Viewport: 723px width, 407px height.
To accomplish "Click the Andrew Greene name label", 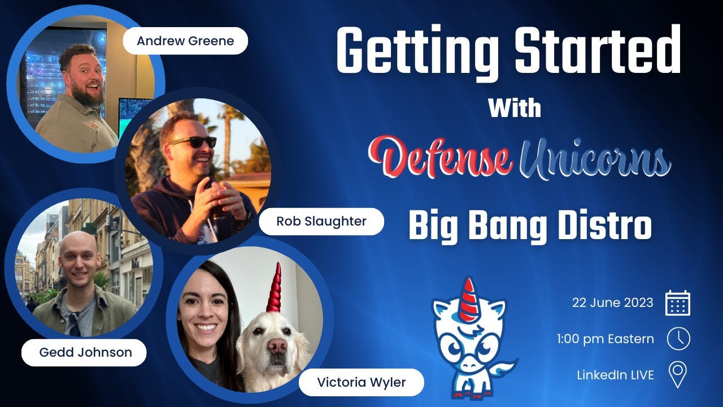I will point(185,41).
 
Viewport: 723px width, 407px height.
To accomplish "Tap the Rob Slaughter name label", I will point(321,221).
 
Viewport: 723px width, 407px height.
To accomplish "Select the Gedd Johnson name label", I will point(85,352).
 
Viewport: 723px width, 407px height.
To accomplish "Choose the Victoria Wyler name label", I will point(361,382).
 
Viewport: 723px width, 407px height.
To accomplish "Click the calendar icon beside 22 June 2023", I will point(678,303).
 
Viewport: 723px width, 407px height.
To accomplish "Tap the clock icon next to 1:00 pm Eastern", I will point(678,339).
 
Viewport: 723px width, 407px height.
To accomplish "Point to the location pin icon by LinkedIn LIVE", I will point(678,374).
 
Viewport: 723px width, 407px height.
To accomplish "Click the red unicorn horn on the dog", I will point(275,288).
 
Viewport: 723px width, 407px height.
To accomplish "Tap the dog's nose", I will point(277,345).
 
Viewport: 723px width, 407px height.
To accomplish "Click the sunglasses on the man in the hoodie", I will point(193,142).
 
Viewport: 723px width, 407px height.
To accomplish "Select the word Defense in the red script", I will point(441,154).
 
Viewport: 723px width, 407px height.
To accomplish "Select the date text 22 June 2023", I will point(612,302).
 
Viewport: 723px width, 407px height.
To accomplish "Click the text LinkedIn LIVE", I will point(615,374).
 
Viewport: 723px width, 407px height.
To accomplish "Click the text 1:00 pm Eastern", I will point(605,339).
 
